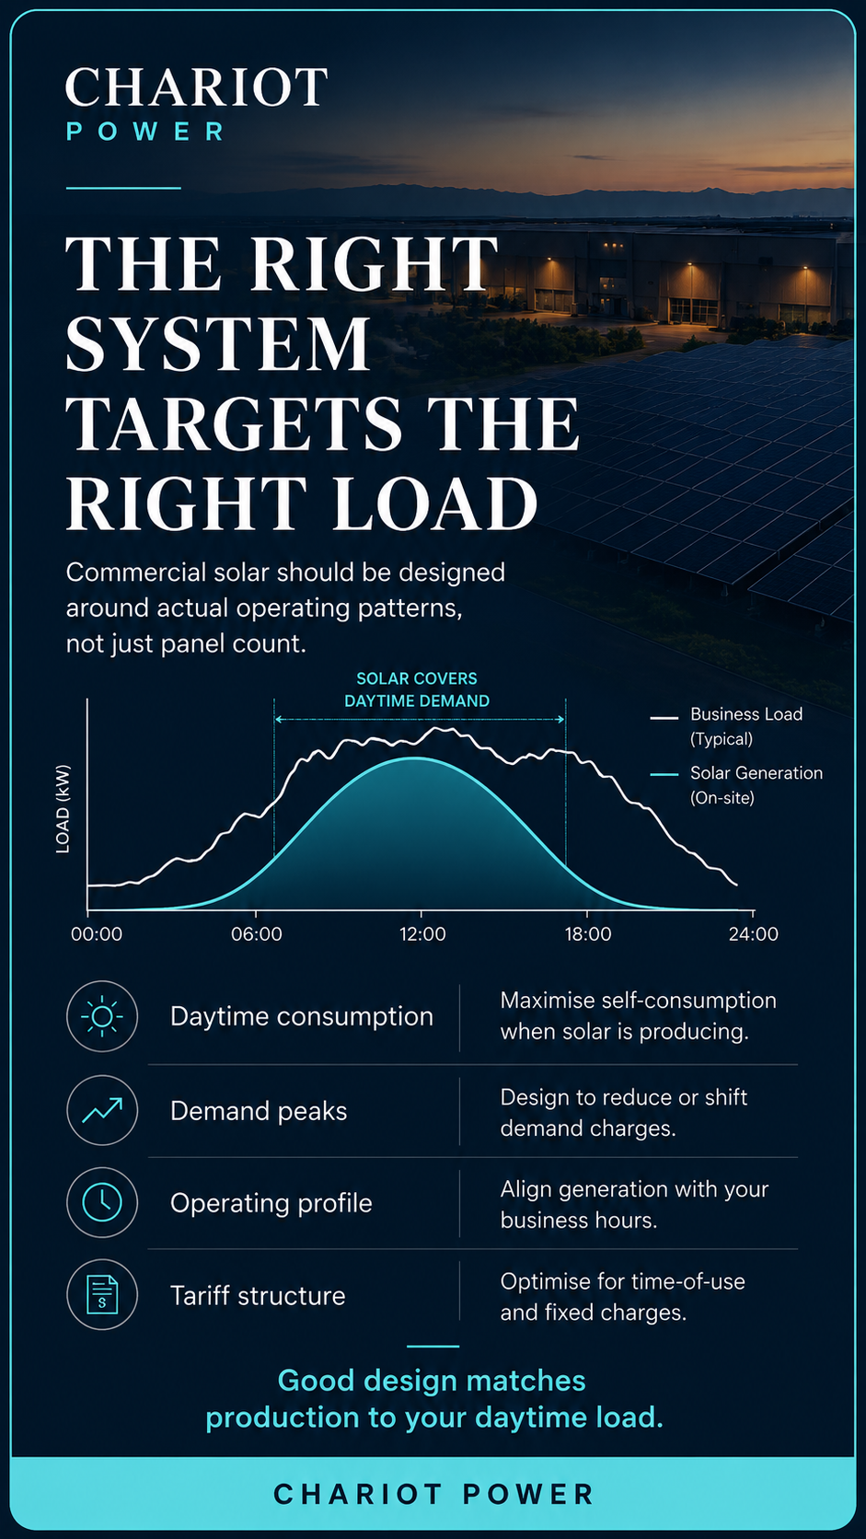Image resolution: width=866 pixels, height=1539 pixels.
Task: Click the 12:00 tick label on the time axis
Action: click(x=422, y=934)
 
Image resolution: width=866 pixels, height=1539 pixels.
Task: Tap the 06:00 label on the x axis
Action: click(x=256, y=934)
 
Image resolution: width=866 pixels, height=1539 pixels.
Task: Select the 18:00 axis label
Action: click(x=588, y=934)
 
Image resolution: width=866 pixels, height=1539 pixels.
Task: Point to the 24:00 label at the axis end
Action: click(x=754, y=934)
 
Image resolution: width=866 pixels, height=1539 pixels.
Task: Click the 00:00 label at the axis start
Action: click(x=97, y=934)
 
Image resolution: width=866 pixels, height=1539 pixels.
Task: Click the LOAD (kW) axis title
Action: click(x=64, y=809)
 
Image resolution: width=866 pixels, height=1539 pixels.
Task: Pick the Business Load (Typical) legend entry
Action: click(x=727, y=726)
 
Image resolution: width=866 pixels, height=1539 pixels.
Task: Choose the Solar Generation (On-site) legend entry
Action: click(x=736, y=785)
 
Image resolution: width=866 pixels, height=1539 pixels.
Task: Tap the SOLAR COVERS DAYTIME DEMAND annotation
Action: click(x=417, y=689)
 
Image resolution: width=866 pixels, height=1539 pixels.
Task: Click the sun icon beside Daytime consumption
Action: click(x=101, y=1016)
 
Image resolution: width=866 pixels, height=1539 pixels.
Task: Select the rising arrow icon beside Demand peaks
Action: click(x=101, y=1110)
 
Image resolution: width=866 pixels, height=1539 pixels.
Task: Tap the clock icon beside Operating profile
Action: click(x=101, y=1202)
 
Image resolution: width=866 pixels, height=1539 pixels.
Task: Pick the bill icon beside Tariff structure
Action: click(x=101, y=1295)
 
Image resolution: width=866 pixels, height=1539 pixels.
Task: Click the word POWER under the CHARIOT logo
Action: click(x=144, y=132)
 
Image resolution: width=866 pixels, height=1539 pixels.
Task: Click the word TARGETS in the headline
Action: click(x=234, y=423)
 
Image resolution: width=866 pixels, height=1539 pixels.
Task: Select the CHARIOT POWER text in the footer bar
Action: click(x=433, y=1494)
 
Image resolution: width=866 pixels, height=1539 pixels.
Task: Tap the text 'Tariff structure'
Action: click(x=258, y=1296)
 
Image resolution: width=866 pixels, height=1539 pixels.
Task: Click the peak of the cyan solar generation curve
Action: click(x=416, y=758)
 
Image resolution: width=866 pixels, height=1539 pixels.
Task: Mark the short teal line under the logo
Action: click(x=123, y=188)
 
